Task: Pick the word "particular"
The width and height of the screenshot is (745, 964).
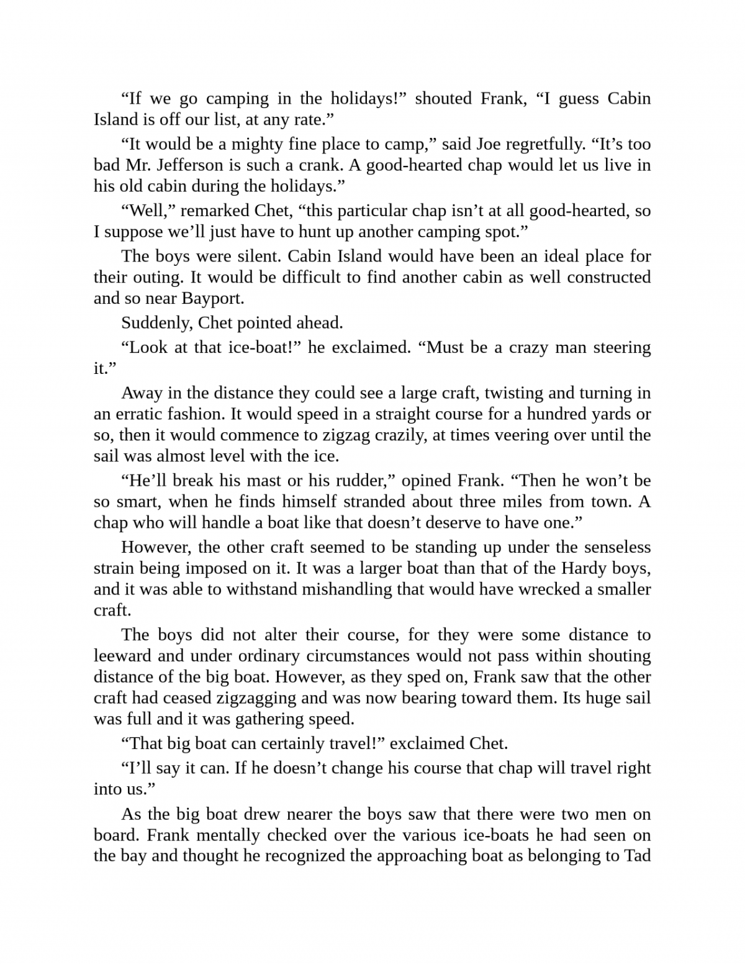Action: pyautogui.click(x=371, y=211)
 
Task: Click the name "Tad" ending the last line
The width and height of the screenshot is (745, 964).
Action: pyautogui.click(x=637, y=856)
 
